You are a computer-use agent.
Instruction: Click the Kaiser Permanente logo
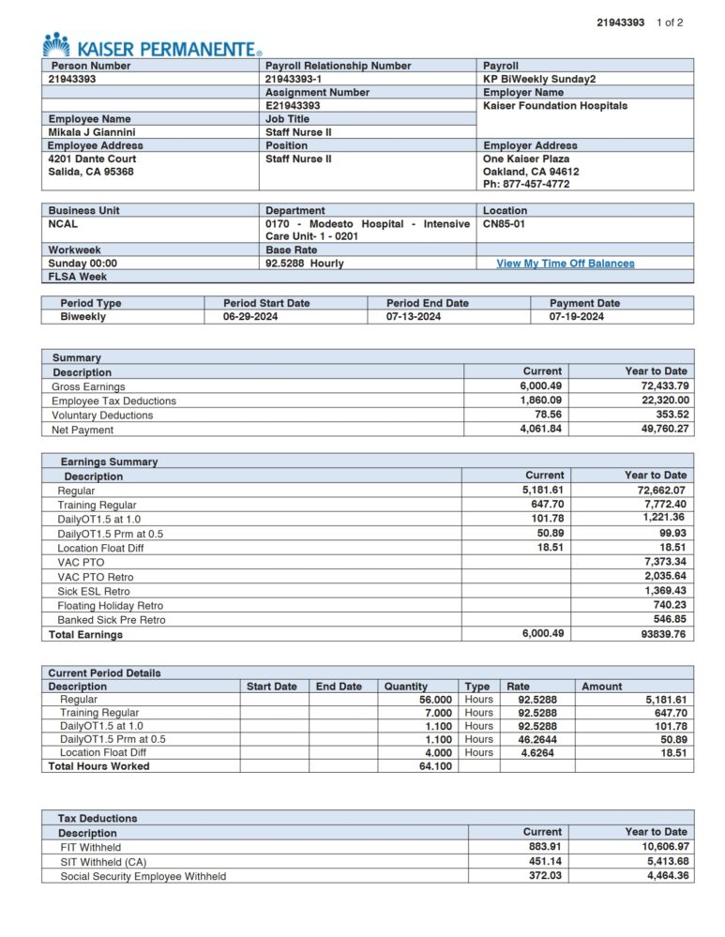coord(151,46)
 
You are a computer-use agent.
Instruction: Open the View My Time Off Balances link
coord(565,264)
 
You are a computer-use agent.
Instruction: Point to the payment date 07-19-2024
coord(577,317)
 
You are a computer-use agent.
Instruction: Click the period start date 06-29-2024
coord(250,317)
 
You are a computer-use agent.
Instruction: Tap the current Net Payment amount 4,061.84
coord(540,430)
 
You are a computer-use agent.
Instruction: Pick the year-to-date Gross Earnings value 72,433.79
coord(657,386)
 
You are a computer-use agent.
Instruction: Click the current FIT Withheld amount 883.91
coord(544,847)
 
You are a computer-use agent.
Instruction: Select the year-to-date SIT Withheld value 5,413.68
coord(661,861)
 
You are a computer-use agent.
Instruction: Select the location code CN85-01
coord(504,224)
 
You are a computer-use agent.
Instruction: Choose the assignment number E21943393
coord(293,106)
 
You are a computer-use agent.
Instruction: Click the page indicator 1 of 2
coord(670,23)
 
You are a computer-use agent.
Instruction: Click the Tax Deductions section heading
coord(98,818)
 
